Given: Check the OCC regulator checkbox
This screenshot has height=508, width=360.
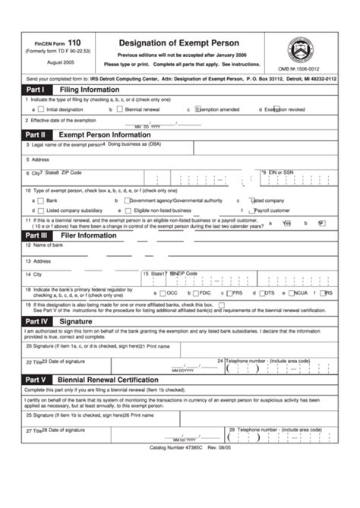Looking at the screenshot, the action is click(x=163, y=292).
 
